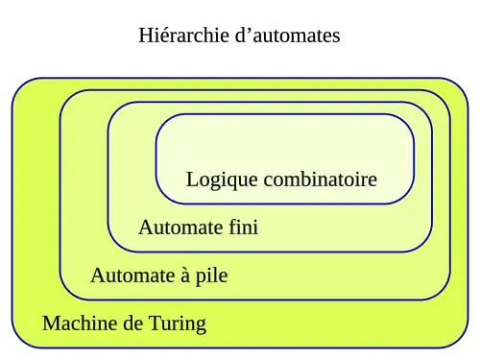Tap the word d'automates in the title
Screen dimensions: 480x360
pyautogui.click(x=288, y=35)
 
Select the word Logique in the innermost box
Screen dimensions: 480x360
pyautogui.click(x=222, y=180)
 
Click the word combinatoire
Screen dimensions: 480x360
pyautogui.click(x=321, y=179)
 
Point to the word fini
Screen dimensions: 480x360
pyautogui.click(x=243, y=227)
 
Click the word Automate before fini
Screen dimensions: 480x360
pyautogui.click(x=180, y=228)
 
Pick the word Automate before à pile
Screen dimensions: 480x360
pyautogui.click(x=132, y=276)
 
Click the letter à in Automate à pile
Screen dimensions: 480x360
pyautogui.click(x=185, y=276)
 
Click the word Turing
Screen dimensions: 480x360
pyautogui.click(x=178, y=324)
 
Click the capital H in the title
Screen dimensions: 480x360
pyautogui.click(x=145, y=36)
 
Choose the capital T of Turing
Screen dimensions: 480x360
pyautogui.click(x=155, y=324)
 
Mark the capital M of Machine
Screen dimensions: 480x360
pyautogui.click(x=50, y=324)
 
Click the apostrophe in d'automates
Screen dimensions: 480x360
pyautogui.click(x=249, y=30)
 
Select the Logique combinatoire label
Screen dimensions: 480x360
pyautogui.click(x=281, y=180)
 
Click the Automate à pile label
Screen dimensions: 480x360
pyautogui.click(x=159, y=276)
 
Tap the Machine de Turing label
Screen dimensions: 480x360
pyautogui.click(x=125, y=324)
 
